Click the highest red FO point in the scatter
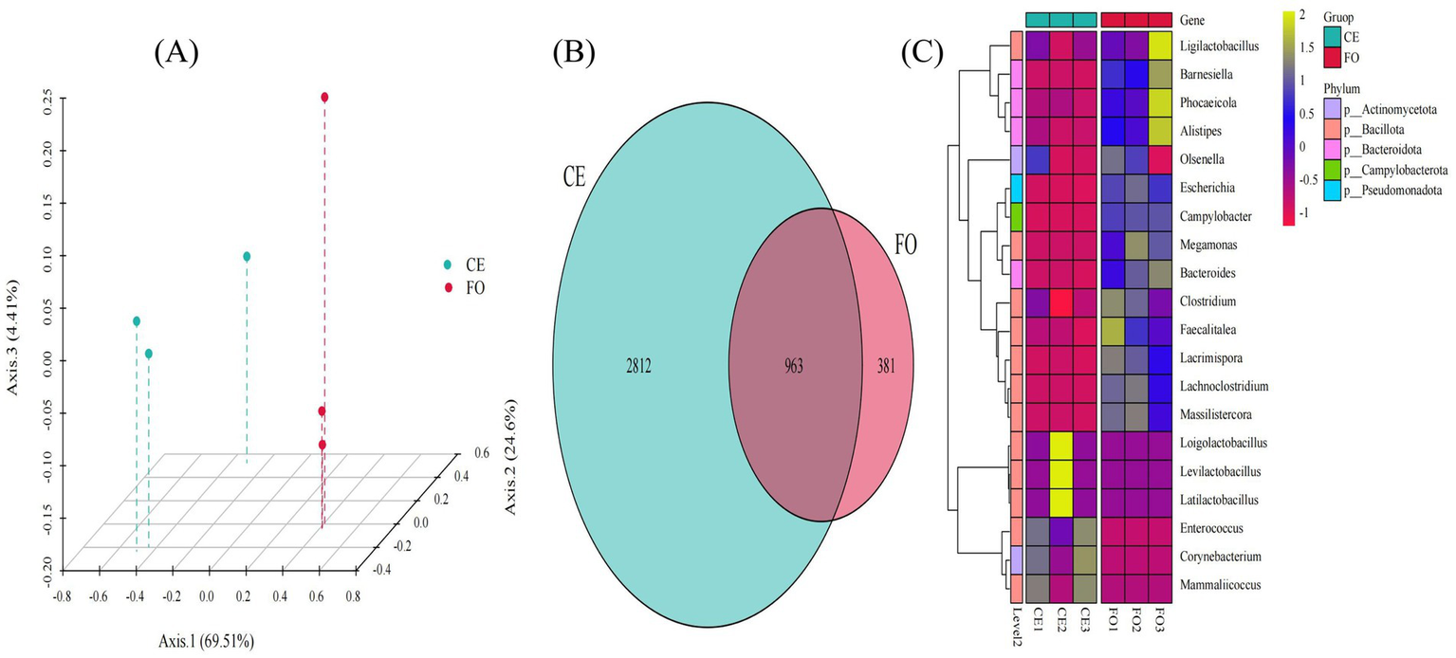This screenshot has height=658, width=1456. [324, 98]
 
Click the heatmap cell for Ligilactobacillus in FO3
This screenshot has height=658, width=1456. [1159, 46]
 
